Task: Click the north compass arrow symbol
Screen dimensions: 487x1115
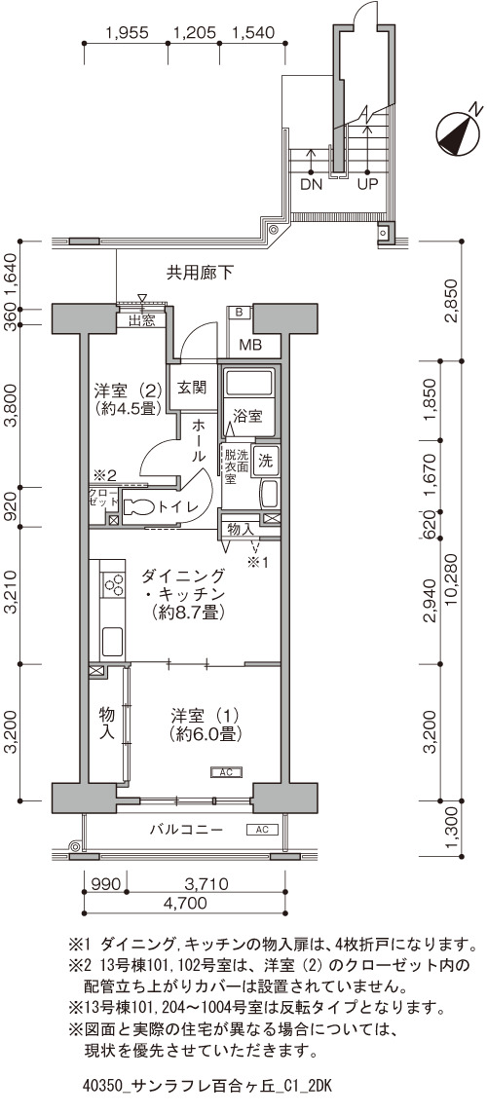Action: point(457,133)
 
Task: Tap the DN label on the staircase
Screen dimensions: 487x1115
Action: point(312,184)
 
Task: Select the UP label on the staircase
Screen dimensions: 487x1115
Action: point(367,184)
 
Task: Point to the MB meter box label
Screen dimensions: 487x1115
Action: point(249,347)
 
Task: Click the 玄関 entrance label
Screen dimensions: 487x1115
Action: point(191,388)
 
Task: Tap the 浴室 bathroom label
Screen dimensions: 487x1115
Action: point(248,416)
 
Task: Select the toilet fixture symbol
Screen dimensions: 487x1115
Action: point(138,507)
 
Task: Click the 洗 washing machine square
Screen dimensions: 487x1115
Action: point(265,460)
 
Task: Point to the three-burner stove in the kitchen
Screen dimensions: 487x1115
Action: point(112,585)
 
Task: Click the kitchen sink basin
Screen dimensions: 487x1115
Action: point(112,641)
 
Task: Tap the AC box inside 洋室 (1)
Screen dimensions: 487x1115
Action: point(227,771)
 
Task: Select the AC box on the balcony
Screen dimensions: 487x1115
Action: point(262,829)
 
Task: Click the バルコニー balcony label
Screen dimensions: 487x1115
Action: point(186,830)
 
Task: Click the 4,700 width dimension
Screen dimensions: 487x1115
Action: point(186,904)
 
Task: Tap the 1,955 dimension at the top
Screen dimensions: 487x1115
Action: point(126,33)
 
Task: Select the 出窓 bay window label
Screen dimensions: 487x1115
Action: point(141,320)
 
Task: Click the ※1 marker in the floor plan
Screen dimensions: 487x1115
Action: point(257,563)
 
